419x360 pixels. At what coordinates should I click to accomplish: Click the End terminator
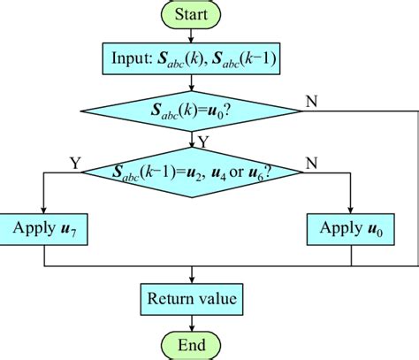191,344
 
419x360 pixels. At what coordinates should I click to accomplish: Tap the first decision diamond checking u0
191,110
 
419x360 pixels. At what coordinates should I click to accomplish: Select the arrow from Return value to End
191,323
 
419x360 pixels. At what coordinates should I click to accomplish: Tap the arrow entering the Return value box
191,276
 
